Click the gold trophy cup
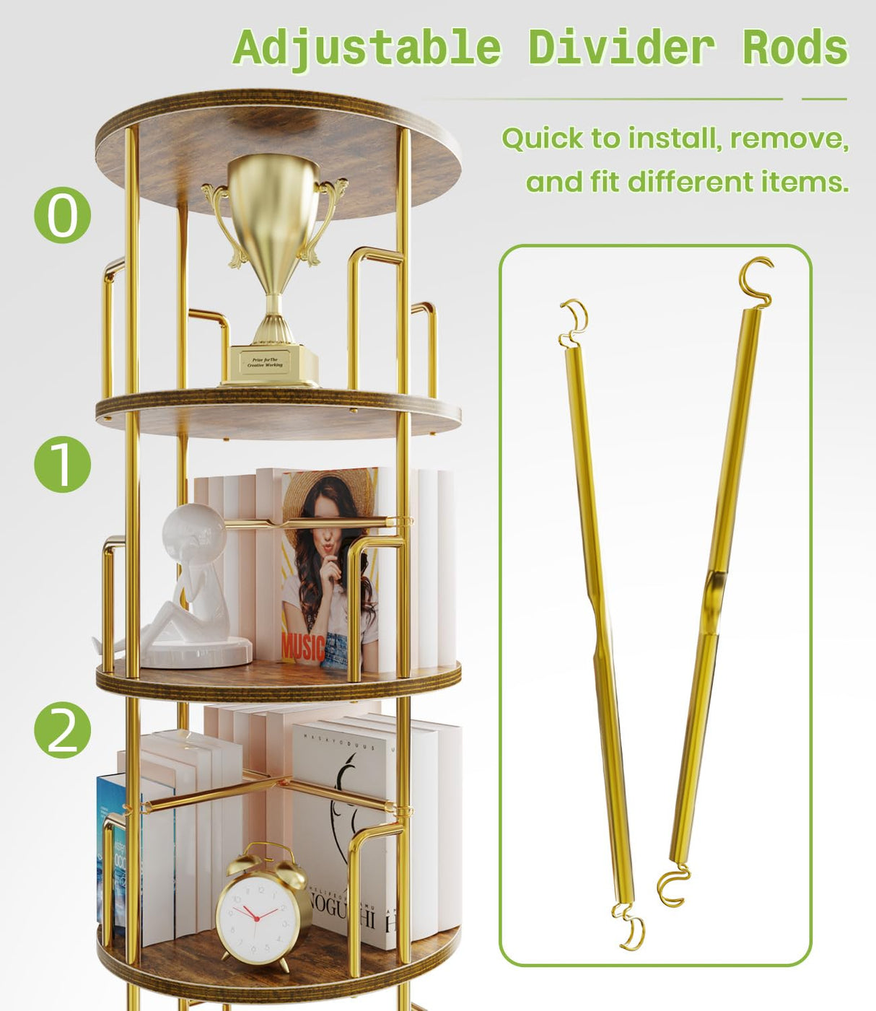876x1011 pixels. click(273, 216)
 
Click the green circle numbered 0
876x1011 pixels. click(63, 215)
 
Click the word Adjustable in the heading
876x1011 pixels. click(367, 48)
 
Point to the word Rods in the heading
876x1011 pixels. click(795, 48)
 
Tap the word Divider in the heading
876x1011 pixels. click(621, 48)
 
